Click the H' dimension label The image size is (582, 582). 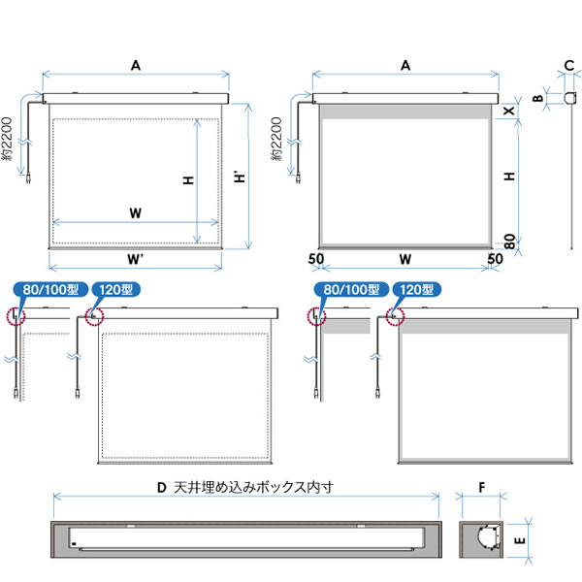click(x=241, y=177)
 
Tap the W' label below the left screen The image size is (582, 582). click(x=135, y=259)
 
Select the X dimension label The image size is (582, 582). click(x=509, y=111)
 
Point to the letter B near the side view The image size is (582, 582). click(x=537, y=98)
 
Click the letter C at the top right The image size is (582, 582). click(x=569, y=66)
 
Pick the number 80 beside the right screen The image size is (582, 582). click(x=510, y=242)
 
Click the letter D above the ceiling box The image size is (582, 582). click(x=161, y=487)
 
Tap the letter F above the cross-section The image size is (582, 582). click(x=482, y=487)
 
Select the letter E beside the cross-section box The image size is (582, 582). click(x=520, y=540)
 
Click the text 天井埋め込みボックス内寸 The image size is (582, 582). click(x=253, y=487)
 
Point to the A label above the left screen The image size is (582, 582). click(x=136, y=66)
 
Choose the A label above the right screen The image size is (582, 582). click(x=405, y=66)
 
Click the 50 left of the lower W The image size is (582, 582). click(x=316, y=259)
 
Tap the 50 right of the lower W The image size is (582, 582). click(x=495, y=259)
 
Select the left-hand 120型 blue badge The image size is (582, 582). click(x=115, y=289)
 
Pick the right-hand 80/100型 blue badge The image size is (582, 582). click(x=351, y=289)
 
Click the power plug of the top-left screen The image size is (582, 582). click(x=28, y=179)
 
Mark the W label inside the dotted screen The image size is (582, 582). click(x=136, y=213)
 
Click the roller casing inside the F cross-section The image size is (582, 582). click(x=487, y=537)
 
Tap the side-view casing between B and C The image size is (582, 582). click(x=570, y=98)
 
